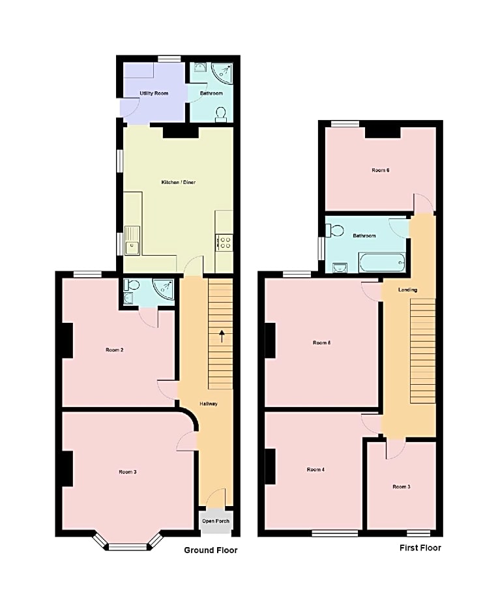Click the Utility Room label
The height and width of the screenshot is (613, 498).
point(154,93)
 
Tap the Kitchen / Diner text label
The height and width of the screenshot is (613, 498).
point(178,182)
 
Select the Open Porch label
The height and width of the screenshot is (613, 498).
point(216,521)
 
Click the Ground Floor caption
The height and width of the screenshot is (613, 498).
point(211,550)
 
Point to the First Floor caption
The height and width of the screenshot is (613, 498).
point(420,548)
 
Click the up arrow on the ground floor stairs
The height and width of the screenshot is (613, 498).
point(222,336)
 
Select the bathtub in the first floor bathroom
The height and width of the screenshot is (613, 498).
point(382,263)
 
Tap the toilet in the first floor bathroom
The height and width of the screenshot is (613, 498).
point(336,230)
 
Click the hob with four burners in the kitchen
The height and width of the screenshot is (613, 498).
point(224,243)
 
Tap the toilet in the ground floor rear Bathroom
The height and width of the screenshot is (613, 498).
point(221,113)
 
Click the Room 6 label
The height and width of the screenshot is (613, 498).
point(381,170)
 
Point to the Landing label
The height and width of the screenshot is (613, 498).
point(408,290)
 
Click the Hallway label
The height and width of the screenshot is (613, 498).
point(209,404)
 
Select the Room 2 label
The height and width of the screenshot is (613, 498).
point(115,350)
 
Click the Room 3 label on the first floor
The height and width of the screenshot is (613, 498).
point(402,486)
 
